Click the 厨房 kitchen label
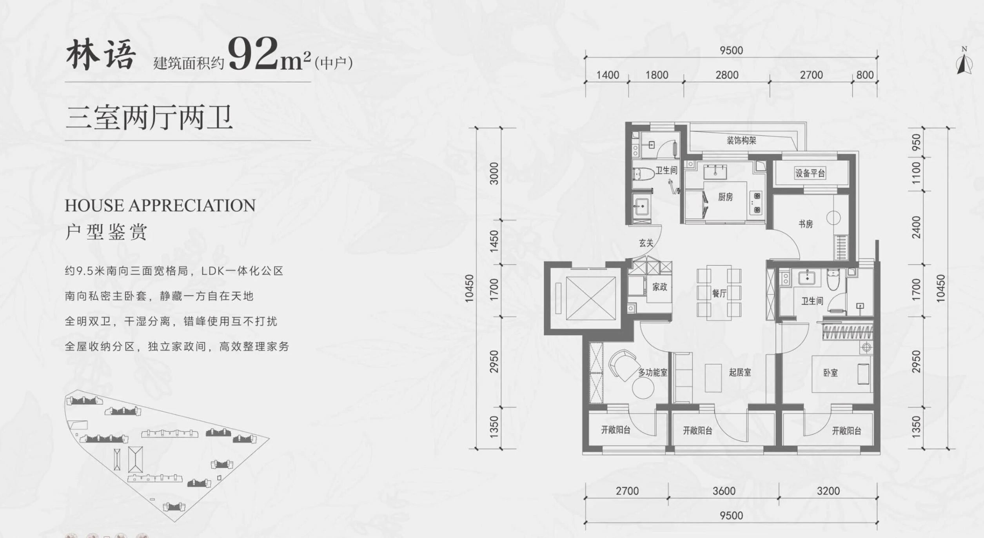pos(725,197)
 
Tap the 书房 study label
pos(806,224)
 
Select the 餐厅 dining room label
pos(719,293)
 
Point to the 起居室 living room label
pos(740,373)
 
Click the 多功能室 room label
pos(653,373)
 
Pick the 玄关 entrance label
pos(646,243)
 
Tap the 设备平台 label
pos(810,173)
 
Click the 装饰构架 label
pos(741,140)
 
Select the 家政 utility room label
pos(660,287)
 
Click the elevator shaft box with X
pos(591,298)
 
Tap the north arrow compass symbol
pos(964,63)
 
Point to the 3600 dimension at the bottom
pos(724,491)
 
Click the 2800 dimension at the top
pos(727,75)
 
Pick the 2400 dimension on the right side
pos(916,227)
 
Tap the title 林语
pos(101,55)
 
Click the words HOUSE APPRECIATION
pos(160,205)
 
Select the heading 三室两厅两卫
pos(149,118)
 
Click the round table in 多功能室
pos(643,388)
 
